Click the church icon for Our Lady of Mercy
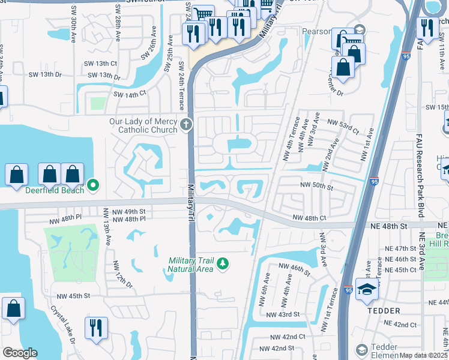pos(186,126)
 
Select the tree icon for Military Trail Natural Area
pos(223,264)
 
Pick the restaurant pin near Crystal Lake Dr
pos(96,329)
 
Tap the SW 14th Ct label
pos(130,94)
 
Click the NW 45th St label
pos(73,296)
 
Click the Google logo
pos(20,353)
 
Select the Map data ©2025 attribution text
pos(423,355)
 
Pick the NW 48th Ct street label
pos(309,218)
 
